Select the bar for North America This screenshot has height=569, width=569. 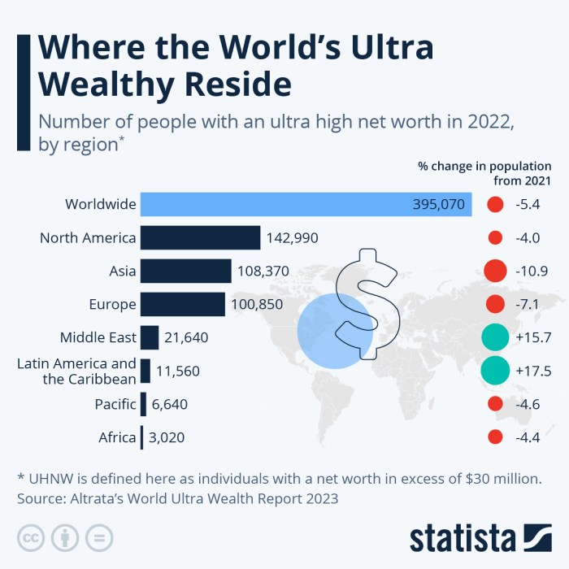[200, 237]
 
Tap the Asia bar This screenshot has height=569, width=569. [185, 271]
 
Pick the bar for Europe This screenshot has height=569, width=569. [182, 304]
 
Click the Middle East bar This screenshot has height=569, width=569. [150, 337]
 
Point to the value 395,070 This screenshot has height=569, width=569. [439, 204]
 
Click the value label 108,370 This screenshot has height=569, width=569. [263, 271]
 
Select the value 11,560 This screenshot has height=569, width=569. [177, 371]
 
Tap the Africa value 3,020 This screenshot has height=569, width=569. [167, 438]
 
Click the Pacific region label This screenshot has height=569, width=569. [115, 404]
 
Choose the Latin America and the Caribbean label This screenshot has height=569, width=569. [76, 371]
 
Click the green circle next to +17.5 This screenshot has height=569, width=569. [494, 371]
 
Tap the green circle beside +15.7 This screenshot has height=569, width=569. [494, 337]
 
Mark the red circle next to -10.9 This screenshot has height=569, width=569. [494, 271]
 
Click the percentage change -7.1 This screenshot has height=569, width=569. [528, 304]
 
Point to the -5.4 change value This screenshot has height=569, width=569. [528, 204]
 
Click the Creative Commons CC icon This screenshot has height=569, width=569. [30, 537]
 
